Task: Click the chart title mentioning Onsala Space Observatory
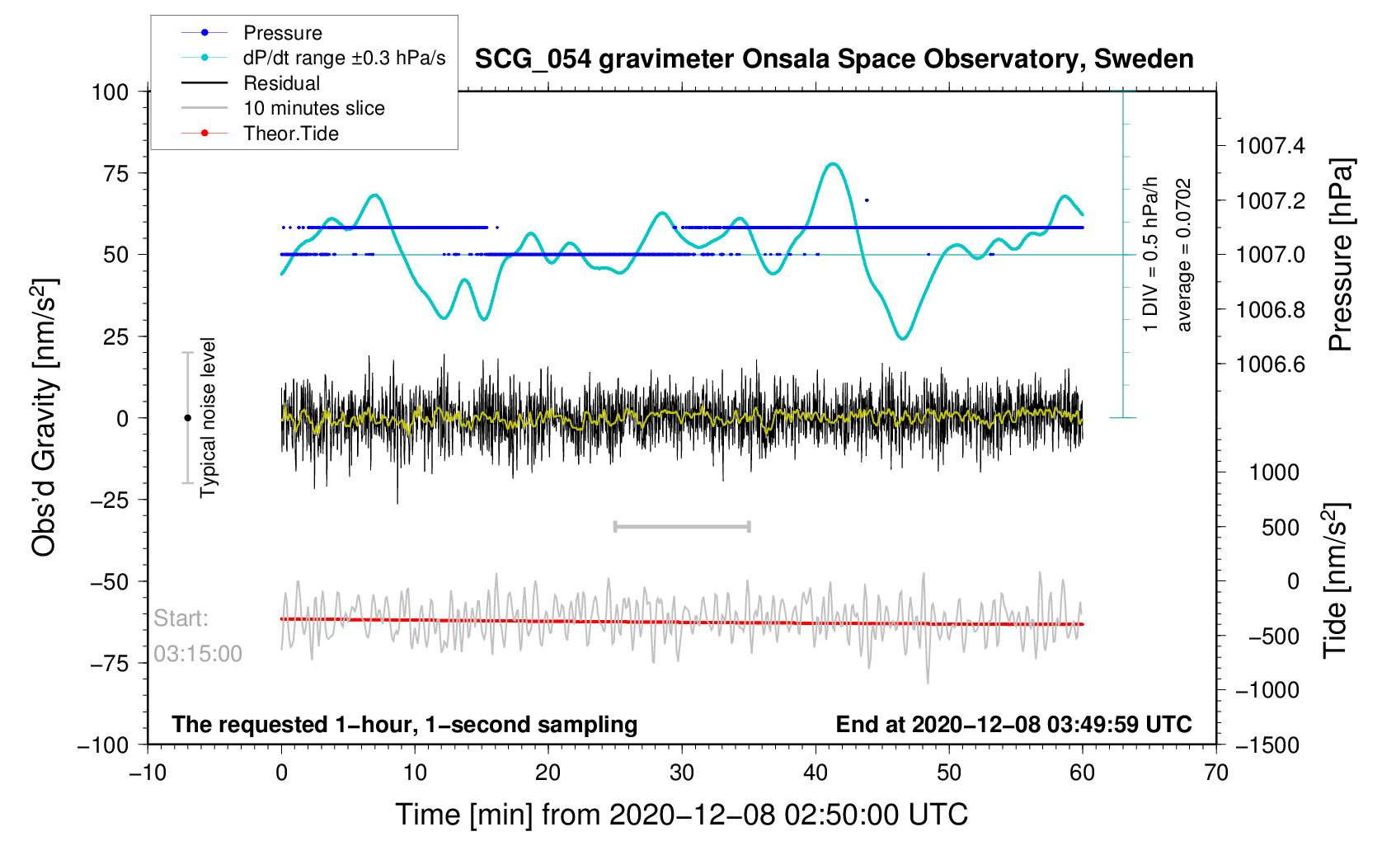click(x=834, y=59)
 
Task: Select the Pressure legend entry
click(x=282, y=33)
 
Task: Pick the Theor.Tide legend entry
click(x=290, y=134)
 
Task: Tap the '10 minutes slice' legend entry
click(x=313, y=108)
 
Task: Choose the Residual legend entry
click(x=281, y=83)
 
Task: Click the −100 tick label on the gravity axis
click(x=103, y=745)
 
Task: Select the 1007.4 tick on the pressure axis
click(x=1271, y=146)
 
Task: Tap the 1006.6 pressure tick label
click(x=1271, y=364)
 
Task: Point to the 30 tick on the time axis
click(x=682, y=773)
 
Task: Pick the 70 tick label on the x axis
click(x=1216, y=773)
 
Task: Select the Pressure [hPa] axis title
click(x=1340, y=256)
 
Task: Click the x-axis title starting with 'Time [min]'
click(x=681, y=815)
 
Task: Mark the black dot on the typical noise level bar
click(x=187, y=418)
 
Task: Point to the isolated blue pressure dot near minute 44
click(x=867, y=200)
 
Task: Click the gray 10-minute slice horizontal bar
click(x=682, y=527)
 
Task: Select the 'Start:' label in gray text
click(x=181, y=618)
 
